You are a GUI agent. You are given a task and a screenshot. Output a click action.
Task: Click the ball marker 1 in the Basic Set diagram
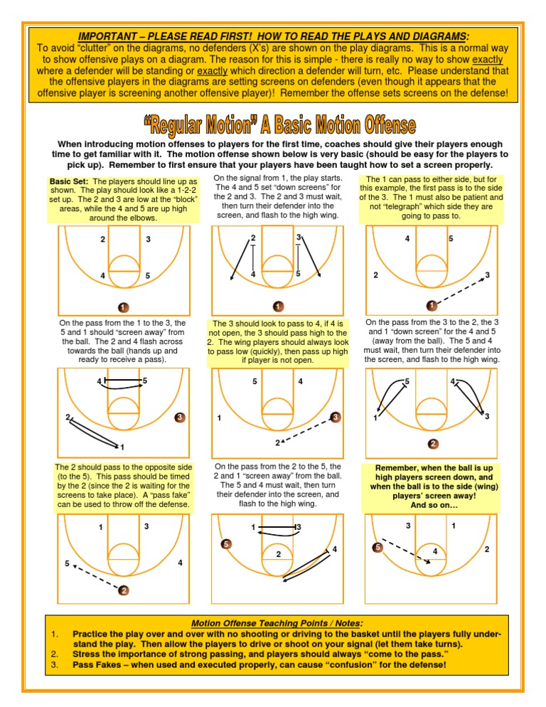click(x=123, y=307)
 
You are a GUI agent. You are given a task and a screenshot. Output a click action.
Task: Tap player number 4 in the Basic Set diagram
click(x=103, y=276)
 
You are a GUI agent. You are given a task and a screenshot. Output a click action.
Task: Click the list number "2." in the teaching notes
click(x=55, y=654)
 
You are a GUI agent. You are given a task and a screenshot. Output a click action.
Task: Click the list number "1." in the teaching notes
click(x=55, y=634)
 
